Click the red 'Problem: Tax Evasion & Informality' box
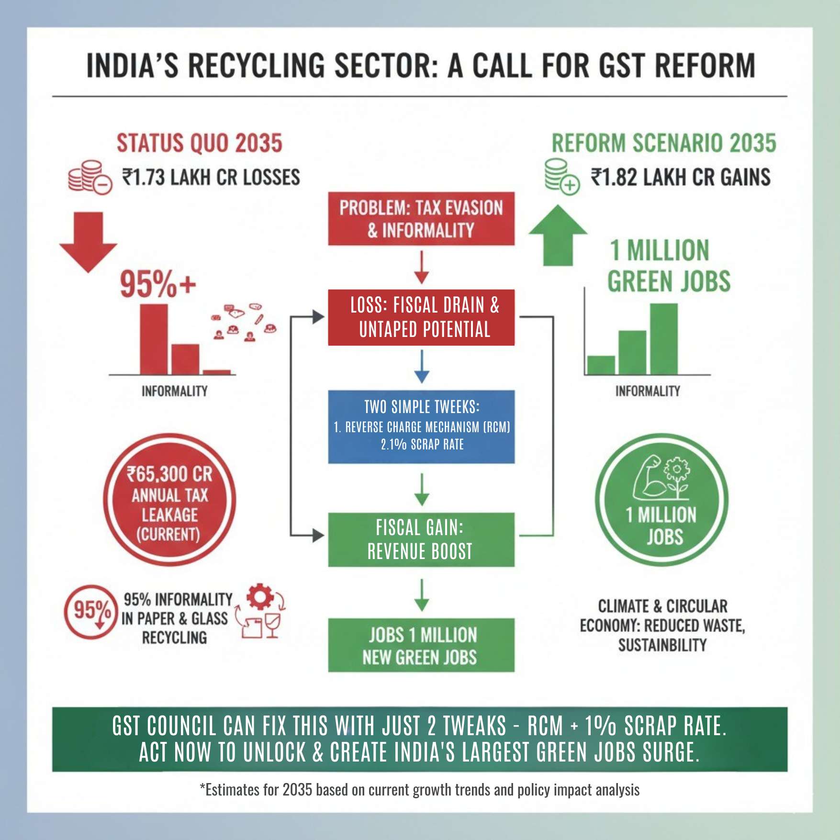(421, 219)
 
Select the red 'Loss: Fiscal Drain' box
(421, 317)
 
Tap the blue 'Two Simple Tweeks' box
(421, 426)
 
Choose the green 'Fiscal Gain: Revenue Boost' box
(421, 539)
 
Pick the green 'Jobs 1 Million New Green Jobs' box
(421, 645)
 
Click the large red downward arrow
(88, 242)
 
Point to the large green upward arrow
(558, 235)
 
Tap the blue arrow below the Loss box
(421, 367)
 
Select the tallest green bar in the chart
(663, 339)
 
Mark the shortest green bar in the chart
(601, 365)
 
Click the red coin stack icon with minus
(90, 177)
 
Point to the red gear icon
(260, 596)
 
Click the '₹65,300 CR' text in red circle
(169, 474)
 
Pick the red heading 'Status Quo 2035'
(200, 143)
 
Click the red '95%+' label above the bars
(157, 284)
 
